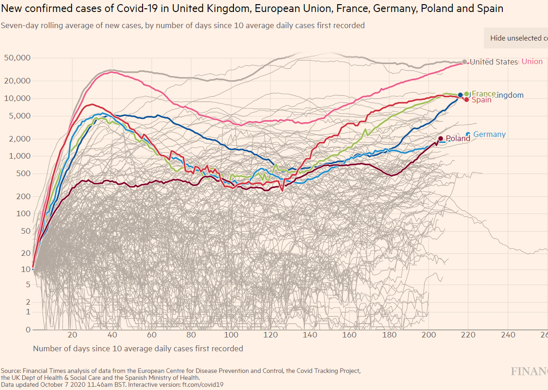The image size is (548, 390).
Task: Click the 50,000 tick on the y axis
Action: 17,58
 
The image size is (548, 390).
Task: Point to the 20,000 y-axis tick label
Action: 17,81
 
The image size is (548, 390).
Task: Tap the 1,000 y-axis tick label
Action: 21,156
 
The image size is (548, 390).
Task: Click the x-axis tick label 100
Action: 231,335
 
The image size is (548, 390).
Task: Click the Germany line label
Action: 489,135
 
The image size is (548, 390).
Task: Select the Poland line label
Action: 458,138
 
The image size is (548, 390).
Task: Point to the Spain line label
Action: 482,100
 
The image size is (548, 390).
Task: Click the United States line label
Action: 494,62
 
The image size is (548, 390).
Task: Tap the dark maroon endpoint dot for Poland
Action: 441,138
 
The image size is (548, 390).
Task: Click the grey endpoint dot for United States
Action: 465,62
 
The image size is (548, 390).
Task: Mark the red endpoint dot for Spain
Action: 467,100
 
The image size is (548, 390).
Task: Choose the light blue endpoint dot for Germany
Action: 468,134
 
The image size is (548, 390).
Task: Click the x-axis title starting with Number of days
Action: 138,349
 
